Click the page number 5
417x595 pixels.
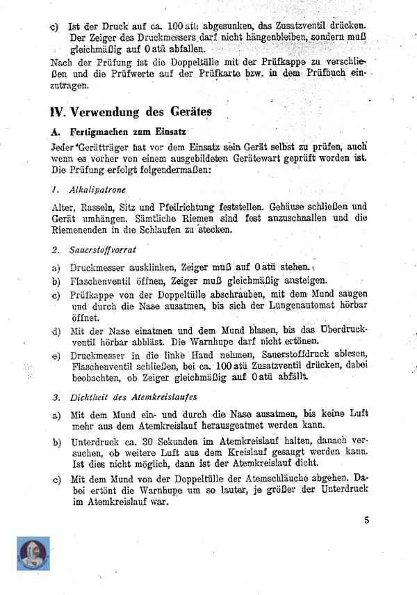click(x=366, y=518)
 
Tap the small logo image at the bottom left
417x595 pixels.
click(x=33, y=553)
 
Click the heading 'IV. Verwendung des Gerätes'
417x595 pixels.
click(x=131, y=111)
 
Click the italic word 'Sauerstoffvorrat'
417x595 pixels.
click(x=103, y=249)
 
